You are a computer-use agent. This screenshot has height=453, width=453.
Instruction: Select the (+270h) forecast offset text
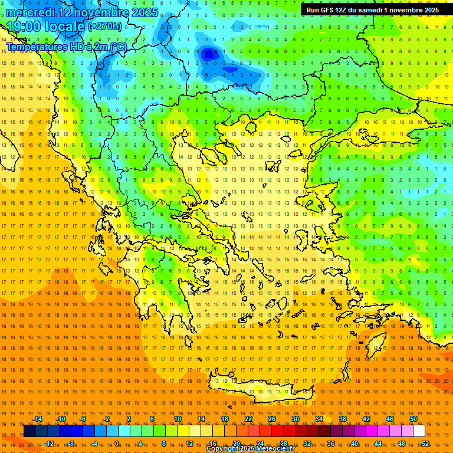pos(105,27)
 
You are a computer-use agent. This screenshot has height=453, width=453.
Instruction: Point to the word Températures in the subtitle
pos(35,47)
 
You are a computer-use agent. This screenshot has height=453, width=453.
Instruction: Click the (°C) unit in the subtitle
pos(118,47)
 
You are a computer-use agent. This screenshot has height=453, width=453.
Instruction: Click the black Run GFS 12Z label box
pos(372,10)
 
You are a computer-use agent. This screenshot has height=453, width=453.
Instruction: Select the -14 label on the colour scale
pos(37,419)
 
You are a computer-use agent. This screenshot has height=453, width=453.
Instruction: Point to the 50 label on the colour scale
pos(413,419)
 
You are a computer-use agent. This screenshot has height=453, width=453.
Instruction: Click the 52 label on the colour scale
pos(425,444)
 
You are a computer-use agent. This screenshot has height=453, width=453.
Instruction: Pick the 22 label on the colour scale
pos(248,419)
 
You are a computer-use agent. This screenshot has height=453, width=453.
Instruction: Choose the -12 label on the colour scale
pos(49,444)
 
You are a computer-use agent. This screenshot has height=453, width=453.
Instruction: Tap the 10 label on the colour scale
pos(178,419)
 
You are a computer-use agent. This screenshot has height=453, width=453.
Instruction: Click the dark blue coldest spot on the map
pos(208,55)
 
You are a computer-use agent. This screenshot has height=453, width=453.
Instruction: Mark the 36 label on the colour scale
pos(331,444)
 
